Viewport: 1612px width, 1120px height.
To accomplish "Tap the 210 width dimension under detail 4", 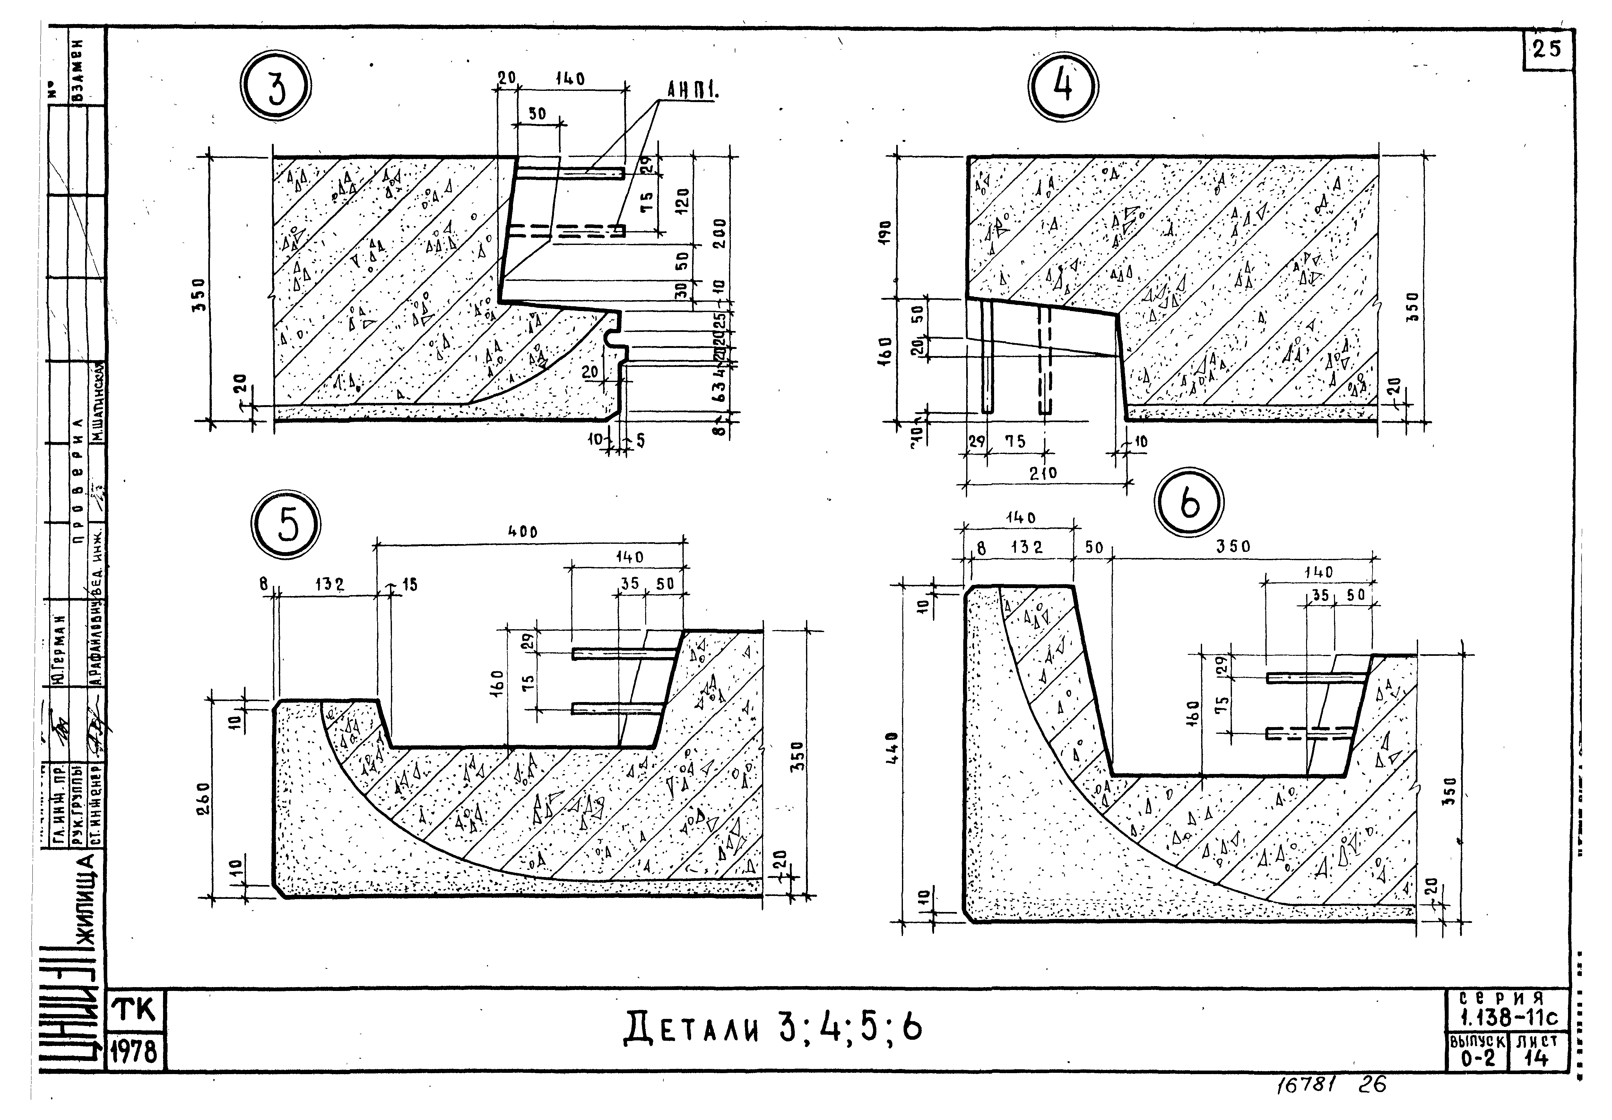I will coord(1043,474).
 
